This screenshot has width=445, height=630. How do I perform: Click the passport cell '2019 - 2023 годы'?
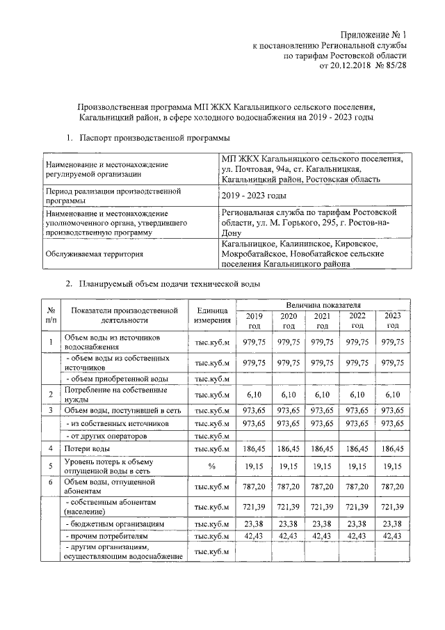(x=252, y=196)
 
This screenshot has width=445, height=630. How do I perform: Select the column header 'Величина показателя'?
(x=322, y=305)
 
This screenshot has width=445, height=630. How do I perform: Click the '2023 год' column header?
(x=393, y=321)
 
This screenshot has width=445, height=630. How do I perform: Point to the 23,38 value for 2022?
(x=357, y=522)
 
